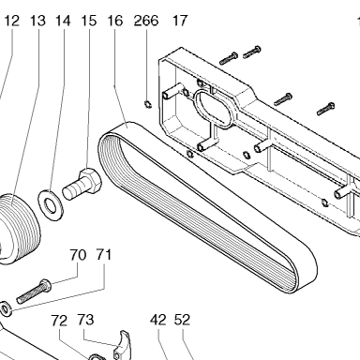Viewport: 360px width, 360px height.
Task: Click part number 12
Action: [x=11, y=21]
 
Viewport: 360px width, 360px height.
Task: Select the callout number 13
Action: [x=37, y=21]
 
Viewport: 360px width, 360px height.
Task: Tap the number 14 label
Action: [x=63, y=21]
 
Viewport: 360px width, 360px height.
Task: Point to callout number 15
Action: [x=89, y=21]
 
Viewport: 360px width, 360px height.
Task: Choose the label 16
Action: [x=115, y=21]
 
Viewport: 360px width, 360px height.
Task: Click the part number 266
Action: [x=146, y=21]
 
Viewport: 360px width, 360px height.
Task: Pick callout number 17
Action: [x=180, y=21]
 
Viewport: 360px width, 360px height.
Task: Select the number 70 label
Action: [x=78, y=255]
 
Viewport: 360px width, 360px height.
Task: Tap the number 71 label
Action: [x=103, y=255]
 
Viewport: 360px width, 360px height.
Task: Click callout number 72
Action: [x=59, y=321]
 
